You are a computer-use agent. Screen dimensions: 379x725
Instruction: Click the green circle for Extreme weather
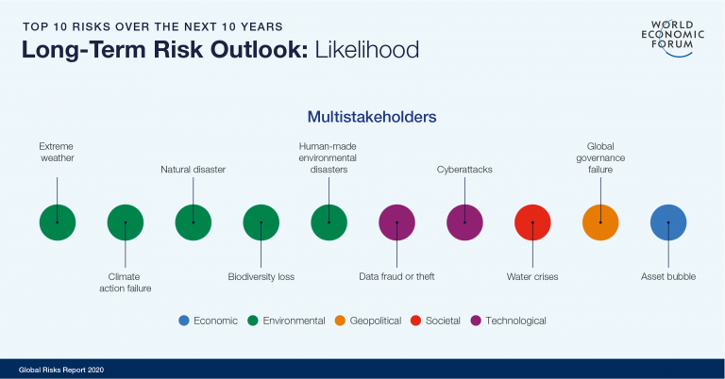pos(57,222)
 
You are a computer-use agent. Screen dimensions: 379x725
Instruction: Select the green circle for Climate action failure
pos(125,222)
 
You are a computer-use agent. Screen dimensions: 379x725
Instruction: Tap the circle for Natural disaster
pos(193,222)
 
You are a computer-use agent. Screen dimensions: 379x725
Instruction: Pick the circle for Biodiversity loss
pos(261,222)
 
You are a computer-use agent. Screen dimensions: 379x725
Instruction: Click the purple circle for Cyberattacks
pos(464,222)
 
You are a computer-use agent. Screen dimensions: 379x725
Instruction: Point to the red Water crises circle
pos(532,222)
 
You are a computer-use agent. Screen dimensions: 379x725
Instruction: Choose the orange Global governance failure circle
pos(600,222)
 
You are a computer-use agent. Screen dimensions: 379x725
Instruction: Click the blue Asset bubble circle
pos(668,222)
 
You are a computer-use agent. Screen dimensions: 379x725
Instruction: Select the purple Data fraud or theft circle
pos(396,222)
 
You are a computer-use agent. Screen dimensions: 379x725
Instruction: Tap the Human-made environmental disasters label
pos(329,157)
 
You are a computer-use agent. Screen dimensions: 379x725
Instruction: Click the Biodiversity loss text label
pos(261,276)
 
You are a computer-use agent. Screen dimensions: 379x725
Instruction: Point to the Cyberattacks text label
pos(464,170)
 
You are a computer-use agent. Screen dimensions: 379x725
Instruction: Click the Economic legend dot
pos(184,321)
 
